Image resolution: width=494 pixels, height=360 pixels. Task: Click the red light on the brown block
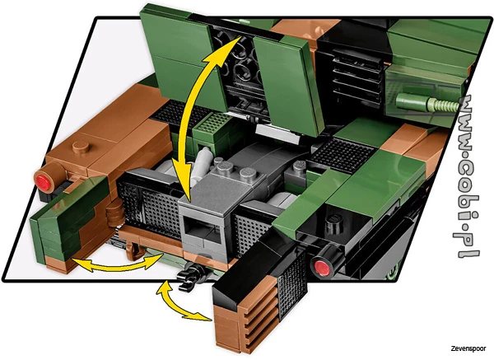pyautogui.click(x=43, y=182)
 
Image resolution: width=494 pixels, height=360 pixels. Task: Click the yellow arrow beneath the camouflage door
pyautogui.click(x=118, y=263)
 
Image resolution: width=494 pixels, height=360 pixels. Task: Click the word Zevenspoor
pyautogui.click(x=468, y=348)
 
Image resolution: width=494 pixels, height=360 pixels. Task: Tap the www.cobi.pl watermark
pyautogui.click(x=468, y=176)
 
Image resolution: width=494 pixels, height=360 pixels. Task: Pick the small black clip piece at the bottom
pyautogui.click(x=192, y=277)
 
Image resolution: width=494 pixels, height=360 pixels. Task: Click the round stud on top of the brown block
pyautogui.click(x=82, y=147)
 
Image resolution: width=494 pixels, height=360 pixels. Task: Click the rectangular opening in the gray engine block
pyautogui.click(x=203, y=230)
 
